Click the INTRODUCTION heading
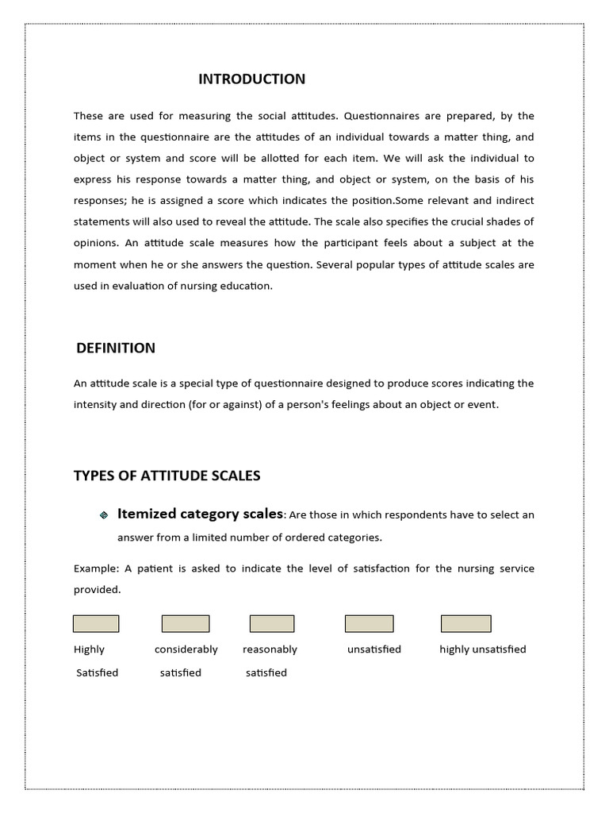(251, 79)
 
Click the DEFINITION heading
(116, 348)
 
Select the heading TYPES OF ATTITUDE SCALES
(167, 476)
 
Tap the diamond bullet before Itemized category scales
(103, 515)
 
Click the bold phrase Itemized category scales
(200, 514)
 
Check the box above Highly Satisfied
(96, 624)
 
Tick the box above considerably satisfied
(186, 624)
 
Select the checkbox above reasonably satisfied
(272, 624)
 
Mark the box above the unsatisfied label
(369, 624)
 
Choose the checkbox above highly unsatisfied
(465, 624)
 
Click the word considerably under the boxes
(186, 649)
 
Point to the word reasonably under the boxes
(270, 649)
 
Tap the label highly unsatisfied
(482, 649)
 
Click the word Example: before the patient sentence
(96, 568)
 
